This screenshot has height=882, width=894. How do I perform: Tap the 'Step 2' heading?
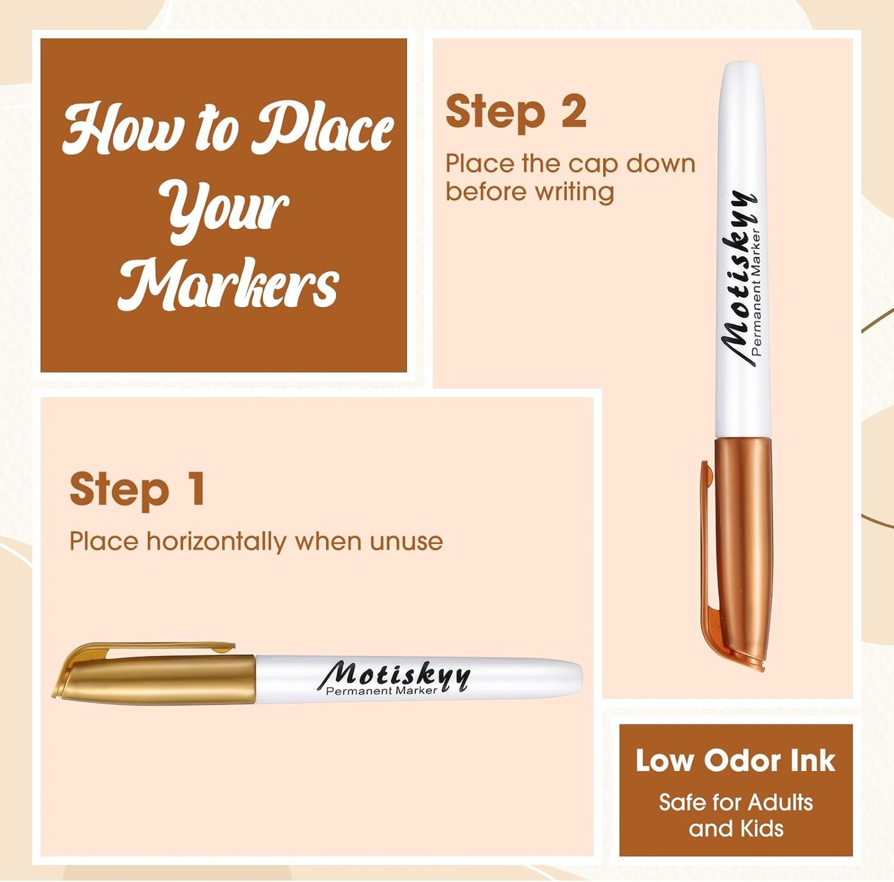[x=515, y=113]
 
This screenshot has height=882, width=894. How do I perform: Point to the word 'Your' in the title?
[x=226, y=207]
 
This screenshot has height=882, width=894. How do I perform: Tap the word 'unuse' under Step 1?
[x=406, y=542]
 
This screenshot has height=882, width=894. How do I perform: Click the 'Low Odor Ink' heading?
[x=736, y=761]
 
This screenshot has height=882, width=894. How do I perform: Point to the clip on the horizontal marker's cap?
[x=155, y=648]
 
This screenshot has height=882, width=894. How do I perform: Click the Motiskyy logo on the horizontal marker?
[x=396, y=674]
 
